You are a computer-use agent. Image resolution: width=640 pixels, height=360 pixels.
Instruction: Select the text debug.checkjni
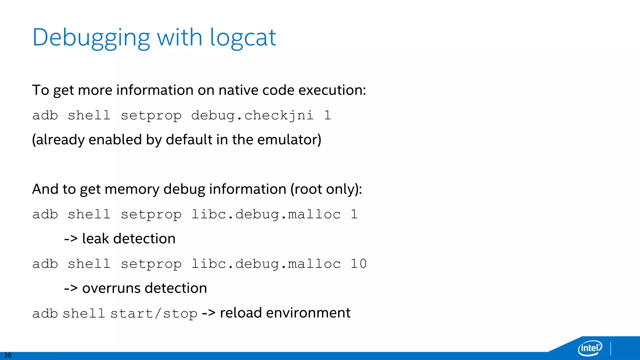coord(252,116)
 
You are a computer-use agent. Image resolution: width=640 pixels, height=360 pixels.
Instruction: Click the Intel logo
coord(590,347)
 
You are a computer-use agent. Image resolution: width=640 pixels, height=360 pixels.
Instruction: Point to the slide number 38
coord(8,355)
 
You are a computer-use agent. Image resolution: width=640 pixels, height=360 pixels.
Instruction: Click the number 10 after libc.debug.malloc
coord(358,264)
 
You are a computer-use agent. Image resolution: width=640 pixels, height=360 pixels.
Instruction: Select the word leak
coord(95,239)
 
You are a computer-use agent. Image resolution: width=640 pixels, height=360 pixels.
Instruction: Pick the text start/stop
coord(154,313)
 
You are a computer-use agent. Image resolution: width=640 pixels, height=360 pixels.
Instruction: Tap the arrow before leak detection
coord(71,239)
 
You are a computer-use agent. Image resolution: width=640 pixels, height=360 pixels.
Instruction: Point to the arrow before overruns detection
coord(71,288)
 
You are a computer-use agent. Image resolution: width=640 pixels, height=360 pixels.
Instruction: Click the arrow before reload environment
coord(208,313)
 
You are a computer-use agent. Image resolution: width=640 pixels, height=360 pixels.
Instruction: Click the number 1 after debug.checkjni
coord(327,116)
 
